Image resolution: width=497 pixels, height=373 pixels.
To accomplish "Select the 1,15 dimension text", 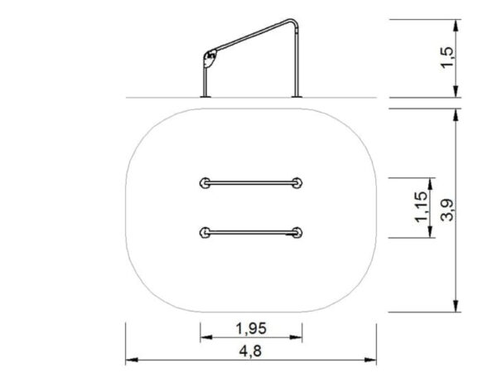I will click(420, 207).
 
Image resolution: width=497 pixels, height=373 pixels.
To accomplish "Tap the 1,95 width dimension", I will click(250, 326).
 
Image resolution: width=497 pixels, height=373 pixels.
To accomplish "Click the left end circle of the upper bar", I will click(205, 182).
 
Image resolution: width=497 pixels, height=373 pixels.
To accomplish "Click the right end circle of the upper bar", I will click(297, 182).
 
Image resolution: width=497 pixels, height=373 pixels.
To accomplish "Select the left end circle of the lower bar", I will click(205, 232).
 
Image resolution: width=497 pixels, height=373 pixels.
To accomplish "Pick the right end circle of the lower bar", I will click(297, 232).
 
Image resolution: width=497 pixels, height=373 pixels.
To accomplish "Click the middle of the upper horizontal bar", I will click(251, 182).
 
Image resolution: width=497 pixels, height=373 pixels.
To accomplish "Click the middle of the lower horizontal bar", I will click(251, 232).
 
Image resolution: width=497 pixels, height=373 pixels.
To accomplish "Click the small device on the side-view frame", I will click(209, 59).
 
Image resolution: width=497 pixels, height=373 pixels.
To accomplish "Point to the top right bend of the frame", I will click(292, 22).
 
